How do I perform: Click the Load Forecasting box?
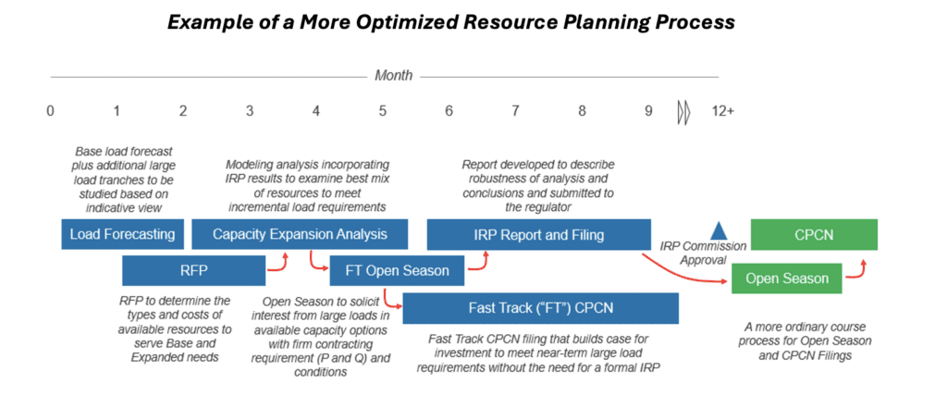point(123,234)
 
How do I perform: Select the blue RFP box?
point(194,270)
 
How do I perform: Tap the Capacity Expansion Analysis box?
point(300,234)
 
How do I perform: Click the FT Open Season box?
point(397,270)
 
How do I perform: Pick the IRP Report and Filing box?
point(539,234)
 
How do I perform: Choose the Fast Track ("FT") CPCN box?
point(540,308)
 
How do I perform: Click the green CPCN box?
point(814,234)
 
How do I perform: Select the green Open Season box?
point(786,279)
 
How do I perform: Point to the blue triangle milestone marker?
point(718,230)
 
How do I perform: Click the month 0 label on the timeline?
point(50,112)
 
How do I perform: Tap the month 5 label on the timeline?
point(383,112)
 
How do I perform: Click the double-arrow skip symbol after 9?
point(683,112)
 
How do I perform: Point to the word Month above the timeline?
point(394,76)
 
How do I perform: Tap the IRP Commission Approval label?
point(703,254)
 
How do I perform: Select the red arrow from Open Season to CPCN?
point(857,270)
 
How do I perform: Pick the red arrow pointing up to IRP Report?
point(479,261)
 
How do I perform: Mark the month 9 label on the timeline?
point(648,112)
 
